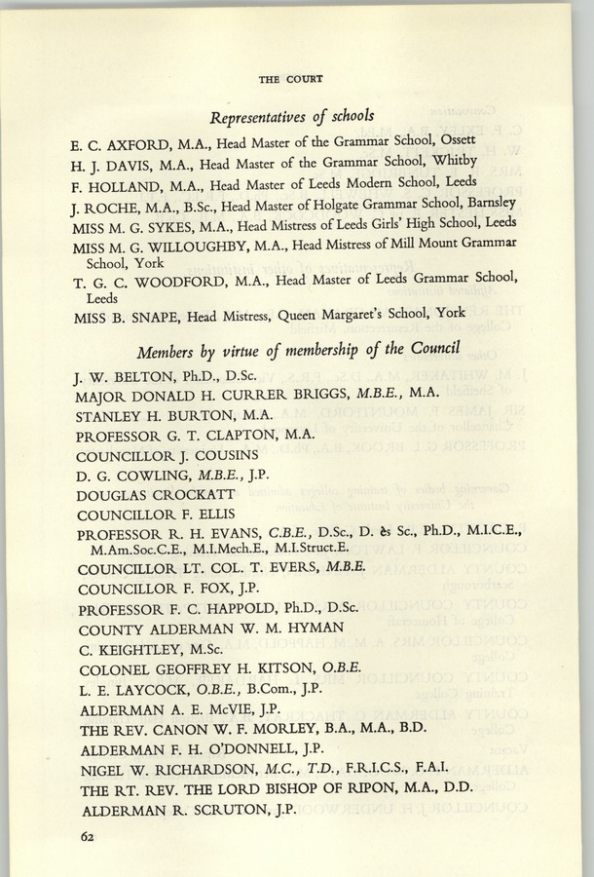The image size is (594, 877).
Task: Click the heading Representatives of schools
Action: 291,115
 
